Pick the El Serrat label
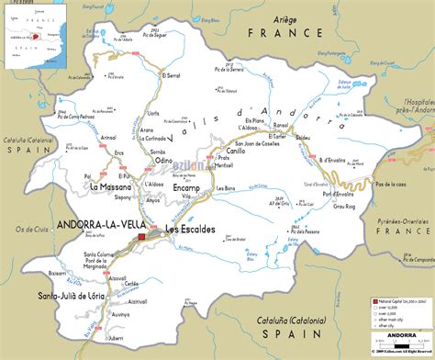(x=171, y=75)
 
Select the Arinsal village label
(x=108, y=138)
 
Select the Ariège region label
(x=286, y=19)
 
